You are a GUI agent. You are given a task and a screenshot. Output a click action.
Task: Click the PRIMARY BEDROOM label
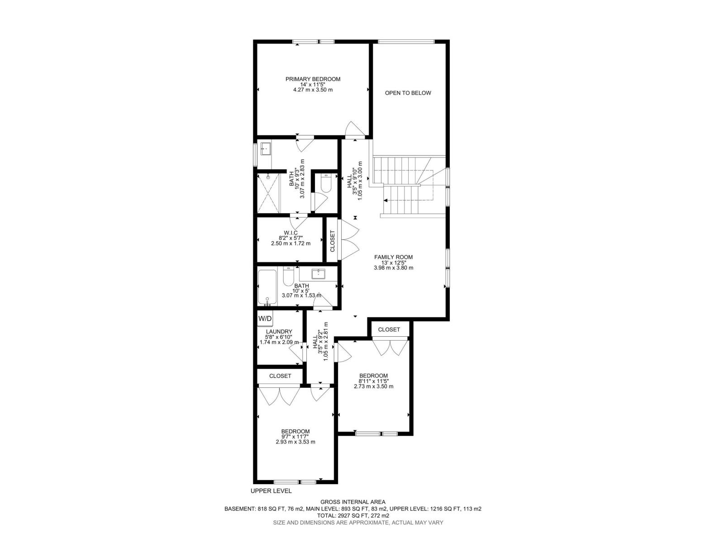point(313,79)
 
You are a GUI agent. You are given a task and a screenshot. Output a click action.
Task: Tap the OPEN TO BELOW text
point(408,93)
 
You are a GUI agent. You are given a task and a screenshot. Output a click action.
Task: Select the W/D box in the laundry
point(265,319)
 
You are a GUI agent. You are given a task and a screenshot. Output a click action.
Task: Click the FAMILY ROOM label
point(393,257)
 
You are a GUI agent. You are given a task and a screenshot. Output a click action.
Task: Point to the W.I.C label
point(291,233)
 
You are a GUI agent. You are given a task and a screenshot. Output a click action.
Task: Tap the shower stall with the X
point(268,193)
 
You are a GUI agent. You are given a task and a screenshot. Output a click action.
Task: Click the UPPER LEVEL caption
point(271,491)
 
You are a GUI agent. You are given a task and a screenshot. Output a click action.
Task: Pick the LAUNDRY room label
point(279,332)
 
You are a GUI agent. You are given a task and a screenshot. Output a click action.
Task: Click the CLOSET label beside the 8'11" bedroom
point(389,329)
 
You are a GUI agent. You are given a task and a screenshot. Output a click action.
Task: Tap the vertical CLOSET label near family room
point(333,241)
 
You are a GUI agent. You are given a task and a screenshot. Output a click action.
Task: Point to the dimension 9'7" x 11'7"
point(295,437)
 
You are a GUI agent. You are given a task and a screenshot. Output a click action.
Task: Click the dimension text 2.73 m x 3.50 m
point(373,386)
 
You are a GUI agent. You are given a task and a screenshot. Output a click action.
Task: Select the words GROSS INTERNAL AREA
point(353,502)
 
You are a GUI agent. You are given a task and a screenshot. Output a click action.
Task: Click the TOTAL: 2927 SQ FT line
point(353,515)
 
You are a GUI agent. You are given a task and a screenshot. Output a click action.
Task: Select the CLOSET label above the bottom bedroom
point(280,376)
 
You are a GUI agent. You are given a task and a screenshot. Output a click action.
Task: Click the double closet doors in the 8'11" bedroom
point(390,348)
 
